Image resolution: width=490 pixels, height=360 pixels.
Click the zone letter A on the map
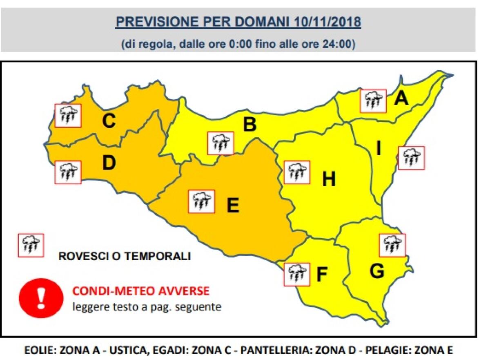click(401, 98)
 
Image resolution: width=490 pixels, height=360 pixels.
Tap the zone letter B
click(249, 125)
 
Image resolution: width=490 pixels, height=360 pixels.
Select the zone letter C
click(109, 121)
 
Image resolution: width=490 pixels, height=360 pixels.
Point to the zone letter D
click(109, 163)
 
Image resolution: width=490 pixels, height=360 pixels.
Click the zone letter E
click(233, 206)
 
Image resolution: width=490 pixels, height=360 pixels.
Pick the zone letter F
click(322, 275)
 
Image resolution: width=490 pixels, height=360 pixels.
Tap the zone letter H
click(329, 179)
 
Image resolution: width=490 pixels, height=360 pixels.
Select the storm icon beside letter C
click(68, 115)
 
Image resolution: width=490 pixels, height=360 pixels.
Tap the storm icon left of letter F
click(297, 273)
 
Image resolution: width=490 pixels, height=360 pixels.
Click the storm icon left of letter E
click(201, 201)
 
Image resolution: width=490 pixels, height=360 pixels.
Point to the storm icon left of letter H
click(296, 172)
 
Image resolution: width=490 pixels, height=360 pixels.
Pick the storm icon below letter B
click(220, 143)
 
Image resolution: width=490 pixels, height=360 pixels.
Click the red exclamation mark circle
click(41, 297)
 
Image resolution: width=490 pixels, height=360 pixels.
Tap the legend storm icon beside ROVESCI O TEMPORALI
click(31, 245)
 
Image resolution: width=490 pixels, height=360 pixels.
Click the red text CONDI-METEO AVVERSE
click(141, 291)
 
